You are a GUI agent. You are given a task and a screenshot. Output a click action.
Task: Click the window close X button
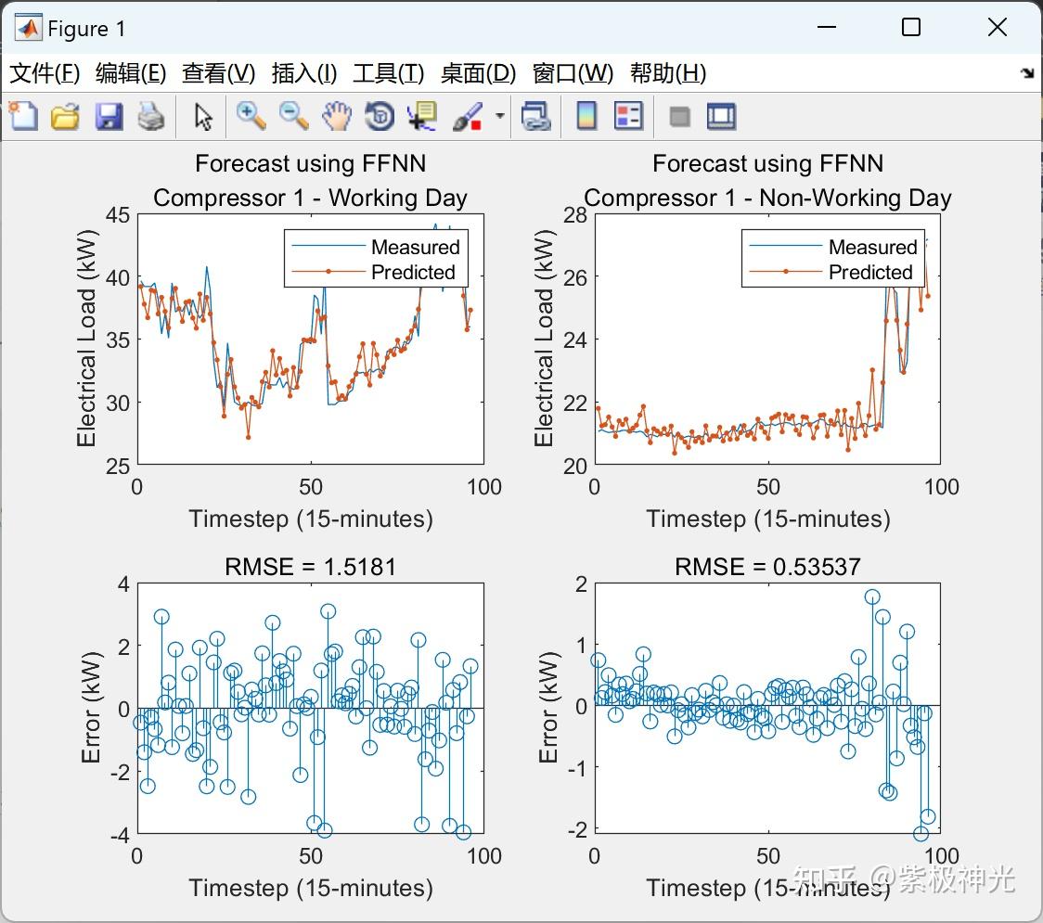[x=997, y=28]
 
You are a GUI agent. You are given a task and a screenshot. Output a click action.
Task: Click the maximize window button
[x=911, y=28]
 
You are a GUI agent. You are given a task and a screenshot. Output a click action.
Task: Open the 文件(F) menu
[x=45, y=73]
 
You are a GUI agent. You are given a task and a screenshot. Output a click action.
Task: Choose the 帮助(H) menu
[x=667, y=73]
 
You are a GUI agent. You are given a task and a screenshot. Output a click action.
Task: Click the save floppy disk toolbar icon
[x=109, y=117]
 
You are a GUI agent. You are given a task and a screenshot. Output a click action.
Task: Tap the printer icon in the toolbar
[x=151, y=117]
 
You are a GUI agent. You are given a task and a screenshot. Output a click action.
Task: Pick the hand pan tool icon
[x=337, y=117]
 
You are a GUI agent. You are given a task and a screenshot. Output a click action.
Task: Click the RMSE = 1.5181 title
[x=310, y=567]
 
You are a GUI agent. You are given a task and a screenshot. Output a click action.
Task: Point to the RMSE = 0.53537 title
[x=767, y=567]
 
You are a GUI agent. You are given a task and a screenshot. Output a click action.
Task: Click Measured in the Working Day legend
[x=415, y=247]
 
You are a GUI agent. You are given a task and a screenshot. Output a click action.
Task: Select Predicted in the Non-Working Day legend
[x=870, y=272]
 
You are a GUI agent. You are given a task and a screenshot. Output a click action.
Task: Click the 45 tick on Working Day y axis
[x=117, y=214]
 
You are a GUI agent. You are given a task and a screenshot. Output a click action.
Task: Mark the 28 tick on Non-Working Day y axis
[x=574, y=214]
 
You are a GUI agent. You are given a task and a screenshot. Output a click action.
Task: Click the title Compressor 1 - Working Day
[x=310, y=198]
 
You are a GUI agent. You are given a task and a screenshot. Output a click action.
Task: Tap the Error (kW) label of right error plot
[x=549, y=708]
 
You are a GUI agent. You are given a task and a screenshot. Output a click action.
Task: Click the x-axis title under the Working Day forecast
[x=310, y=519]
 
